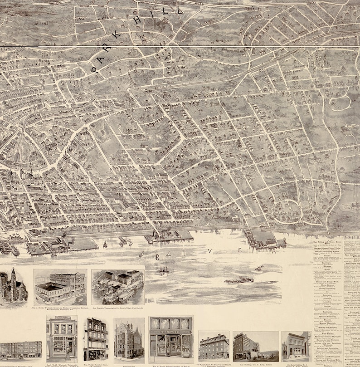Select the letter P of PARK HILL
click(x=95, y=70)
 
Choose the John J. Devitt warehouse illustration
click(x=60, y=287)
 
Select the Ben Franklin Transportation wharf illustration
click(x=118, y=287)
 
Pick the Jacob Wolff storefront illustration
click(x=61, y=338)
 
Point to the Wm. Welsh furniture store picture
click(x=95, y=339)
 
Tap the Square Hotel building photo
click(x=214, y=347)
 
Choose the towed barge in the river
click(x=239, y=280)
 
